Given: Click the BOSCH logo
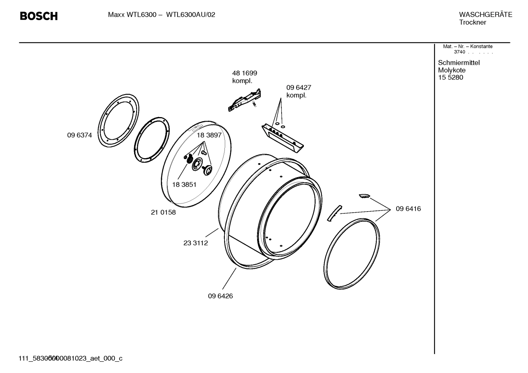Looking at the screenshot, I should pyautogui.click(x=38, y=16).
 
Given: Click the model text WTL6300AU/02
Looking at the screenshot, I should pyautogui.click(x=190, y=15).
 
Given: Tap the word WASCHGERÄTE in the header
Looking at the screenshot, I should pyautogui.click(x=485, y=15).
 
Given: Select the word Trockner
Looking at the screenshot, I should pyautogui.click(x=472, y=22).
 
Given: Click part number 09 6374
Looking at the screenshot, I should pyautogui.click(x=79, y=135).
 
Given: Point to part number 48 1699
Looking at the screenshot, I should pyautogui.click(x=245, y=73).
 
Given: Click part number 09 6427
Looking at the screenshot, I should pyautogui.click(x=298, y=88).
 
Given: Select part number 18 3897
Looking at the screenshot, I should pyautogui.click(x=209, y=135).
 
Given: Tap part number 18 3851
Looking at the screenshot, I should pyautogui.click(x=184, y=184).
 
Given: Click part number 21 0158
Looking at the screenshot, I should pyautogui.click(x=163, y=212).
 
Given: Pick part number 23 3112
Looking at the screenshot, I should pyautogui.click(x=196, y=243).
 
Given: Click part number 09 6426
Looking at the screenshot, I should pyautogui.click(x=220, y=296).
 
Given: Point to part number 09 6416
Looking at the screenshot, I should pyautogui.click(x=408, y=209).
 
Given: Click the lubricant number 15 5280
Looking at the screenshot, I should pyautogui.click(x=450, y=78).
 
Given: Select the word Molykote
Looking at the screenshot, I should pyautogui.click(x=451, y=70).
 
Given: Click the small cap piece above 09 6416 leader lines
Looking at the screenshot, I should pyautogui.click(x=364, y=196).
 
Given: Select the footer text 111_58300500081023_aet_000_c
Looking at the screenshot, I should pyautogui.click(x=70, y=358).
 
